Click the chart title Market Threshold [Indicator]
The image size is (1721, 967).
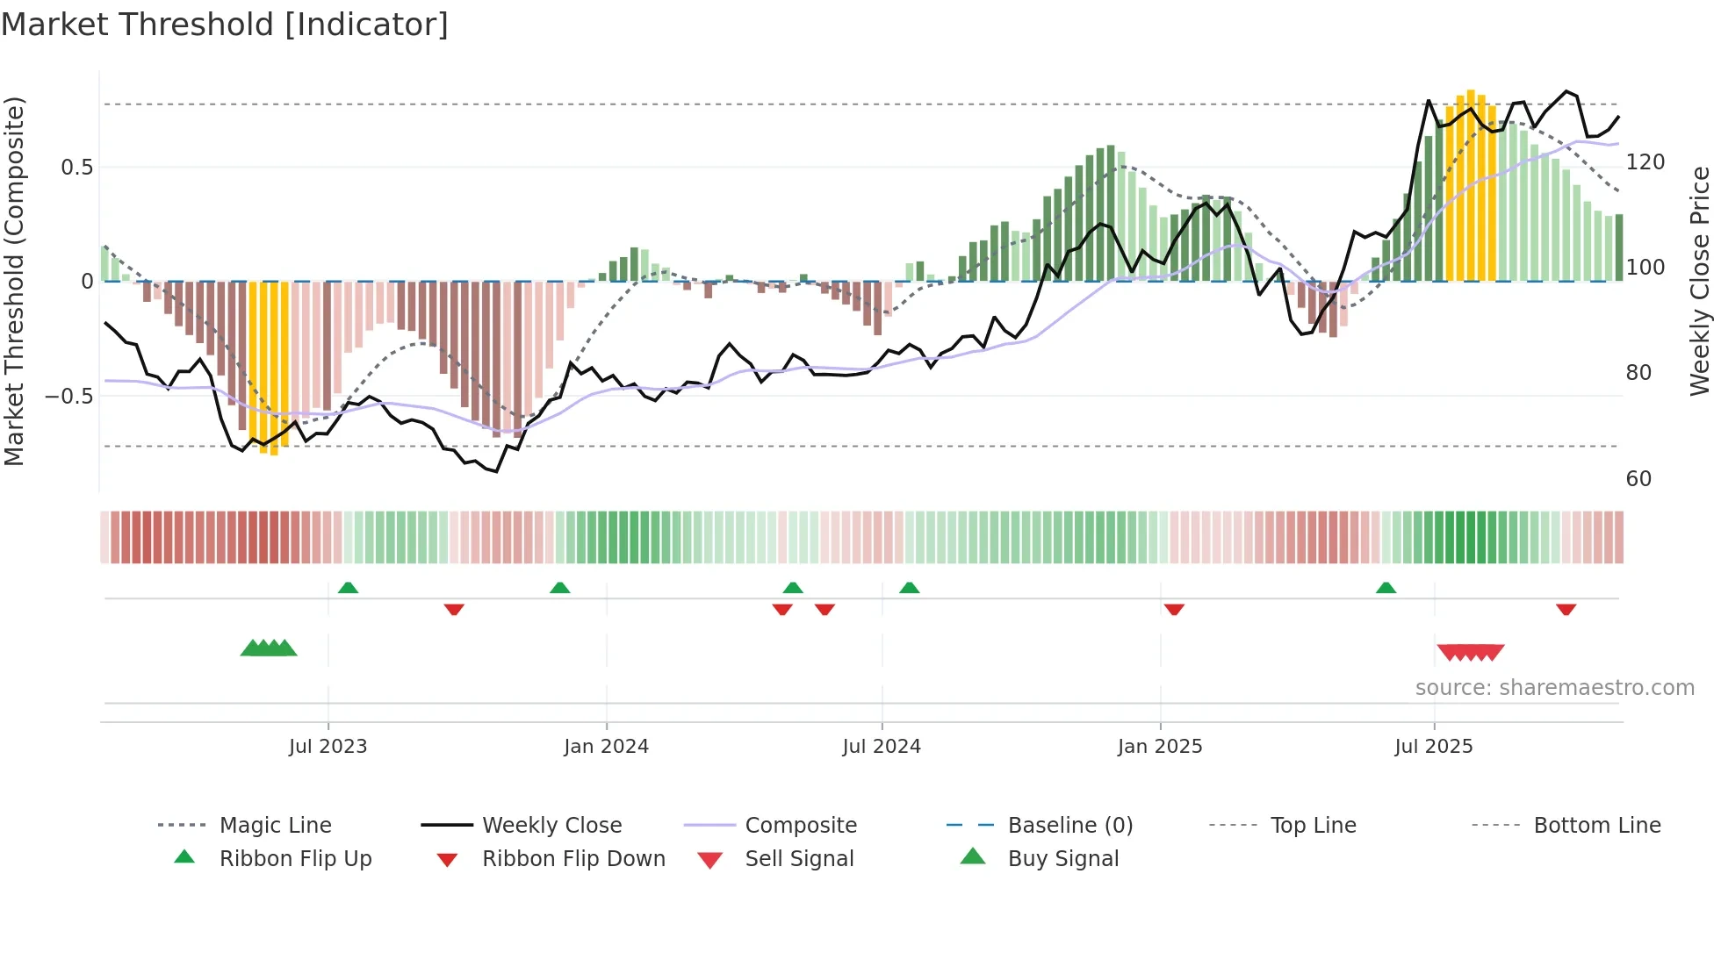(225, 25)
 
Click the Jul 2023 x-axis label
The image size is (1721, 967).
(328, 746)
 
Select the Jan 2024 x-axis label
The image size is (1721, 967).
(606, 746)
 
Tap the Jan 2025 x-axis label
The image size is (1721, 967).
(1159, 746)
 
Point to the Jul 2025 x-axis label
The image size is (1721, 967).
(1433, 746)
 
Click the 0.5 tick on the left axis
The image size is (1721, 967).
(76, 167)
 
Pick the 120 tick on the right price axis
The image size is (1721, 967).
(1645, 161)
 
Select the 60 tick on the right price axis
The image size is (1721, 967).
(1638, 478)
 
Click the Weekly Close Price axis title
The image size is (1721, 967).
(1700, 281)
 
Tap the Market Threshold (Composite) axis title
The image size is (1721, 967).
(14, 281)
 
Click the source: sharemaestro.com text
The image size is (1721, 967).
(1554, 687)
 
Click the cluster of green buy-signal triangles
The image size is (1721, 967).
(269, 648)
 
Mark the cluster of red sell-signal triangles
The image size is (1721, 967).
(1470, 652)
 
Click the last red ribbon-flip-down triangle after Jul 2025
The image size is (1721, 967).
(1566, 609)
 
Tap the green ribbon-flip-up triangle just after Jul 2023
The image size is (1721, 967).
(348, 587)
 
